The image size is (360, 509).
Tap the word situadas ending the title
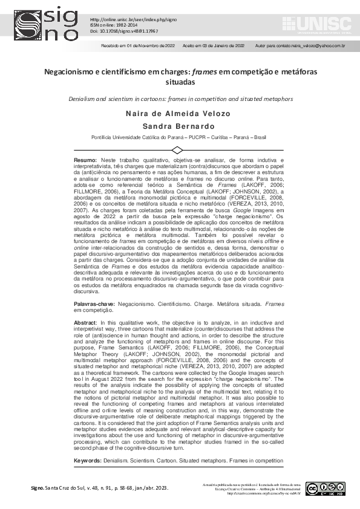point(180,82)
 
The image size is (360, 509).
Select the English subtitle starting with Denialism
point(180,98)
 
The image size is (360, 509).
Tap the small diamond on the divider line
point(178,149)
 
